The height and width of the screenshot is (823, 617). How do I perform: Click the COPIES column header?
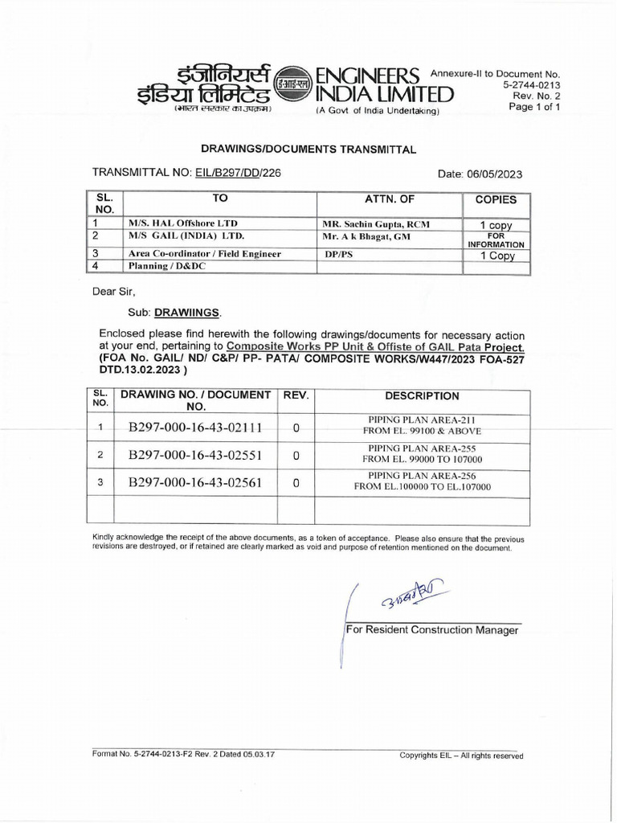pos(496,199)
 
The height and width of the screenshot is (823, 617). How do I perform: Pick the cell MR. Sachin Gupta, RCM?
pos(376,223)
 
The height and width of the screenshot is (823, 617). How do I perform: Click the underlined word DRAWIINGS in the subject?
pos(190,311)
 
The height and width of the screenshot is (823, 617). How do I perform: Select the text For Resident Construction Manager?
pos(431,631)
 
